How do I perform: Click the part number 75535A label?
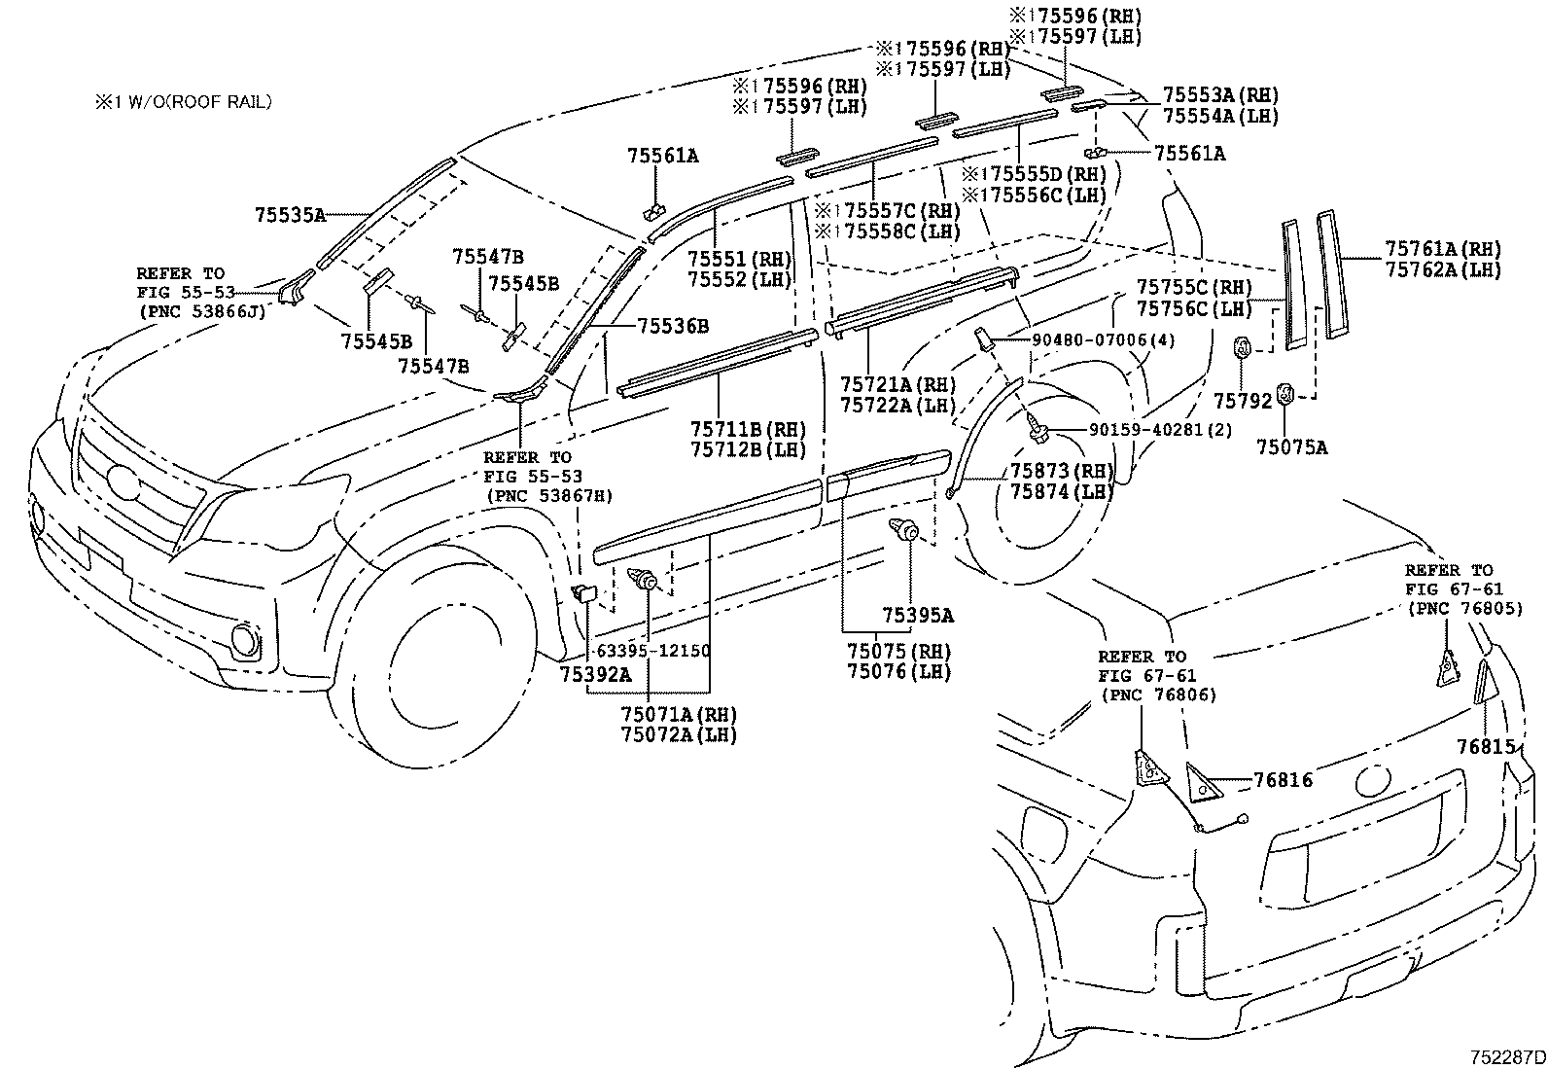tap(289, 215)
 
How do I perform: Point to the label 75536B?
tap(673, 325)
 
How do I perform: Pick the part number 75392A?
tap(595, 672)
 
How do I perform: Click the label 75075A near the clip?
tap(1290, 446)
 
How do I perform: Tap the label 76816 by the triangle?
tap(1283, 779)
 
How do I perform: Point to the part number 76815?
tap(1486, 745)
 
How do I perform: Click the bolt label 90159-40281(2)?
tap(1124, 429)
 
